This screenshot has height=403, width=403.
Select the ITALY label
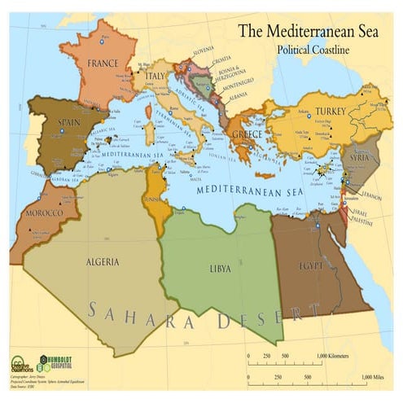click(155, 76)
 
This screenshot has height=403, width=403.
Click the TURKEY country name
click(331, 111)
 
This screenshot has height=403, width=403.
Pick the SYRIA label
click(358, 157)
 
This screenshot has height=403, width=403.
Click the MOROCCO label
click(44, 212)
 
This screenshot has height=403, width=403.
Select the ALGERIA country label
click(103, 261)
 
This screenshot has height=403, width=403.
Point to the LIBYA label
click(219, 268)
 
